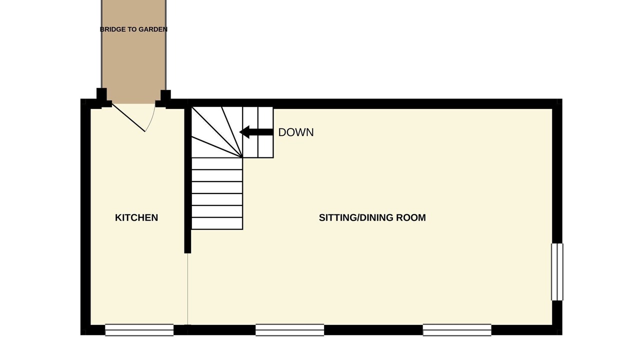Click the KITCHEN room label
pyautogui.click(x=136, y=217)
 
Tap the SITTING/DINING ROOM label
pyautogui.click(x=372, y=217)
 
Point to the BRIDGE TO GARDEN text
pyautogui.click(x=133, y=29)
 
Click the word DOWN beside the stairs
pyautogui.click(x=296, y=132)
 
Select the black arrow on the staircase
pyautogui.click(x=256, y=132)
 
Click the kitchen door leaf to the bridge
pyautogui.click(x=128, y=117)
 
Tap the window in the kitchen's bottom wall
pyautogui.click(x=139, y=330)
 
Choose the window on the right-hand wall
pyautogui.click(x=557, y=272)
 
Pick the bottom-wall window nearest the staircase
pyautogui.click(x=289, y=330)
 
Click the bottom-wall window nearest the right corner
pyautogui.click(x=457, y=330)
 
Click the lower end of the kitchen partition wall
pyautogui.click(x=187, y=251)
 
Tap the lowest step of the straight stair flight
pyautogui.click(x=217, y=223)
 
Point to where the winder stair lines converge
pyautogui.click(x=242, y=157)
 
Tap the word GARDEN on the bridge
pyautogui.click(x=155, y=29)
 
